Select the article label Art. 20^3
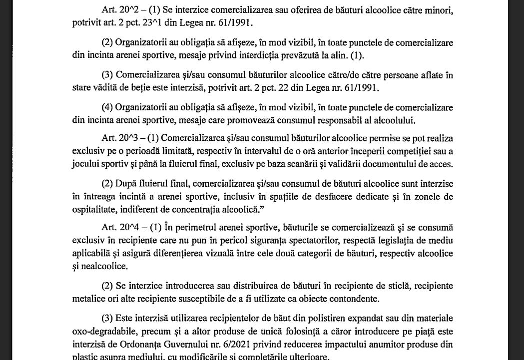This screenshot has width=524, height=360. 118,138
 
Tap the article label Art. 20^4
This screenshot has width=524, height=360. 118,228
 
